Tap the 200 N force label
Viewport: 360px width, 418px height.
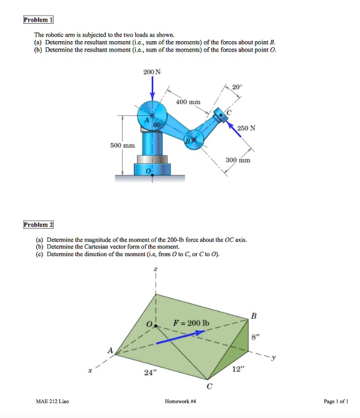[151, 73]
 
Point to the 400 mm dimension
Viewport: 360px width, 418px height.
[188, 101]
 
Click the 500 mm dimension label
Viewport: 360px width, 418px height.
[123, 145]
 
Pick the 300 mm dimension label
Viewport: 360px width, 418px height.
[238, 160]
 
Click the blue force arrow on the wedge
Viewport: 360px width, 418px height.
[180, 337]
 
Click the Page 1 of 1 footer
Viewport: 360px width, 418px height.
[336, 402]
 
